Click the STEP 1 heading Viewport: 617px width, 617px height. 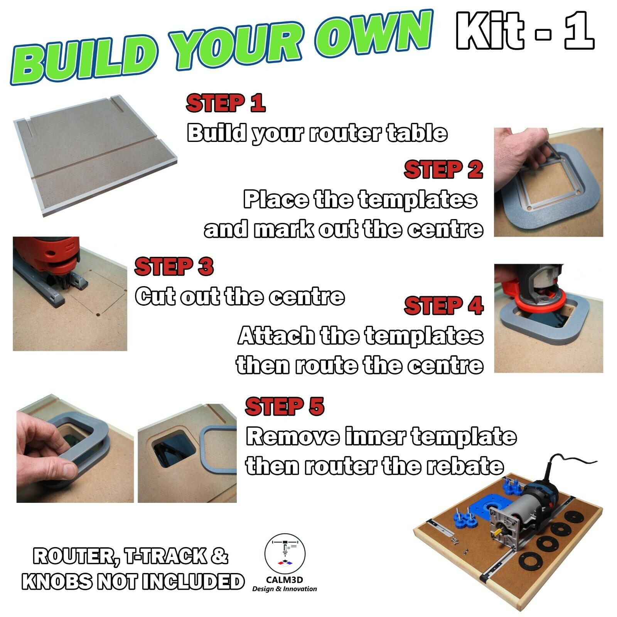coord(226,103)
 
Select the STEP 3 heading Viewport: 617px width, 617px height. coord(174,266)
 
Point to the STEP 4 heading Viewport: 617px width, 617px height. coord(443,306)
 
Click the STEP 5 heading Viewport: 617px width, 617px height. coord(285,406)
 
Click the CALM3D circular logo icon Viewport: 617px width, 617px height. coord(285,554)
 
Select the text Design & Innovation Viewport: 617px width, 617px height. coord(285,589)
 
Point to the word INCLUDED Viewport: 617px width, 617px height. coord(193,582)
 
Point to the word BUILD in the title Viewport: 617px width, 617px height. coord(85,62)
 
